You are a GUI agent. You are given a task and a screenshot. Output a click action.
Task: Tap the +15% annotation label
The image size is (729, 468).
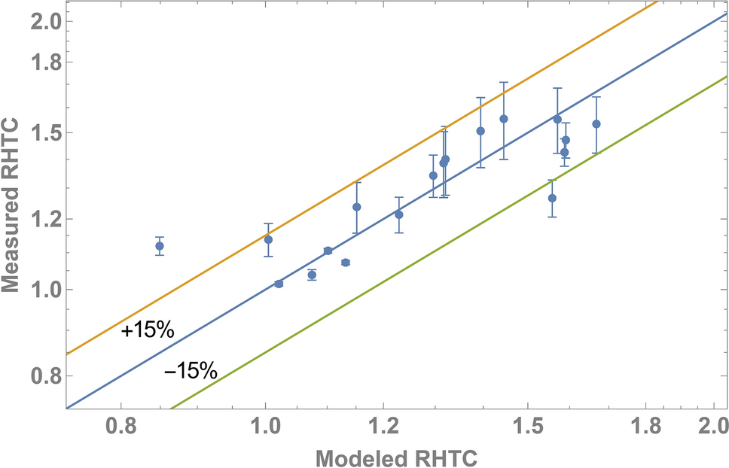147,331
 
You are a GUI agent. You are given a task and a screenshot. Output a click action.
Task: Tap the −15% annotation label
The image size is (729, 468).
191,371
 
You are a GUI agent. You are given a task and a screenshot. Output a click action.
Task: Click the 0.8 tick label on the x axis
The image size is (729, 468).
121,428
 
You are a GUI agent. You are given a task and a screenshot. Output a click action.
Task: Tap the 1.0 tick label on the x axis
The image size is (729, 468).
264,428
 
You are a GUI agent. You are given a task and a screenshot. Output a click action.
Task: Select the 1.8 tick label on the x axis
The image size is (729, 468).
645,428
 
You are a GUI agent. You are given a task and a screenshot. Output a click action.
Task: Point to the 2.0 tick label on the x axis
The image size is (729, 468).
712,428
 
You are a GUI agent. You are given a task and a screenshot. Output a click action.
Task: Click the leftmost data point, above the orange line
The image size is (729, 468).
160,246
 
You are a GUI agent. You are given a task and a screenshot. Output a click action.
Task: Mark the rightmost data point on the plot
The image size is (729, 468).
596,124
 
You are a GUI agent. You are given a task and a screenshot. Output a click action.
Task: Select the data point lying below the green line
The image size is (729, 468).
552,198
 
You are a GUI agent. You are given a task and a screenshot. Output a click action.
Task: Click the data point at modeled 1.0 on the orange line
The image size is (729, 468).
268,240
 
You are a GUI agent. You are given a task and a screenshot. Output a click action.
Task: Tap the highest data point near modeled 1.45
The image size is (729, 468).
504,119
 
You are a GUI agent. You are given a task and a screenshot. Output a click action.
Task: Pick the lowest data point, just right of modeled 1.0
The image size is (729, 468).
279,284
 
